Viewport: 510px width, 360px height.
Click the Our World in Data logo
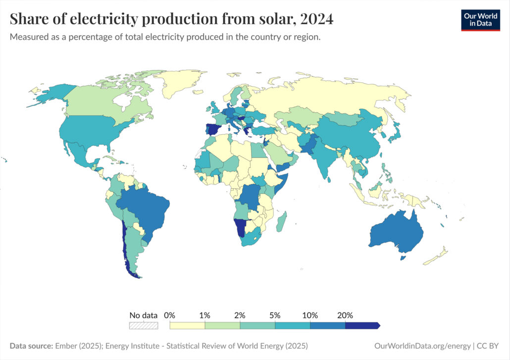pyautogui.click(x=480, y=20)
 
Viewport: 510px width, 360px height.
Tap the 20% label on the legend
pyautogui.click(x=345, y=315)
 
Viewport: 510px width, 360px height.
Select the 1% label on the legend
pyautogui.click(x=204, y=315)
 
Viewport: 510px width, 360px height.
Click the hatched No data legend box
pyautogui.click(x=144, y=325)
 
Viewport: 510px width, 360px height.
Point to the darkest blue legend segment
pyautogui.click(x=362, y=325)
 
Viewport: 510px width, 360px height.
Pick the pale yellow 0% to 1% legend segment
pyautogui.click(x=187, y=325)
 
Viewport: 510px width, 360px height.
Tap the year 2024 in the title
pyautogui.click(x=315, y=19)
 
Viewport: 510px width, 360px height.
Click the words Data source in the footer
pyautogui.click(x=31, y=345)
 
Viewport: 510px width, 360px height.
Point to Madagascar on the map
pyautogui.click(x=281, y=221)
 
